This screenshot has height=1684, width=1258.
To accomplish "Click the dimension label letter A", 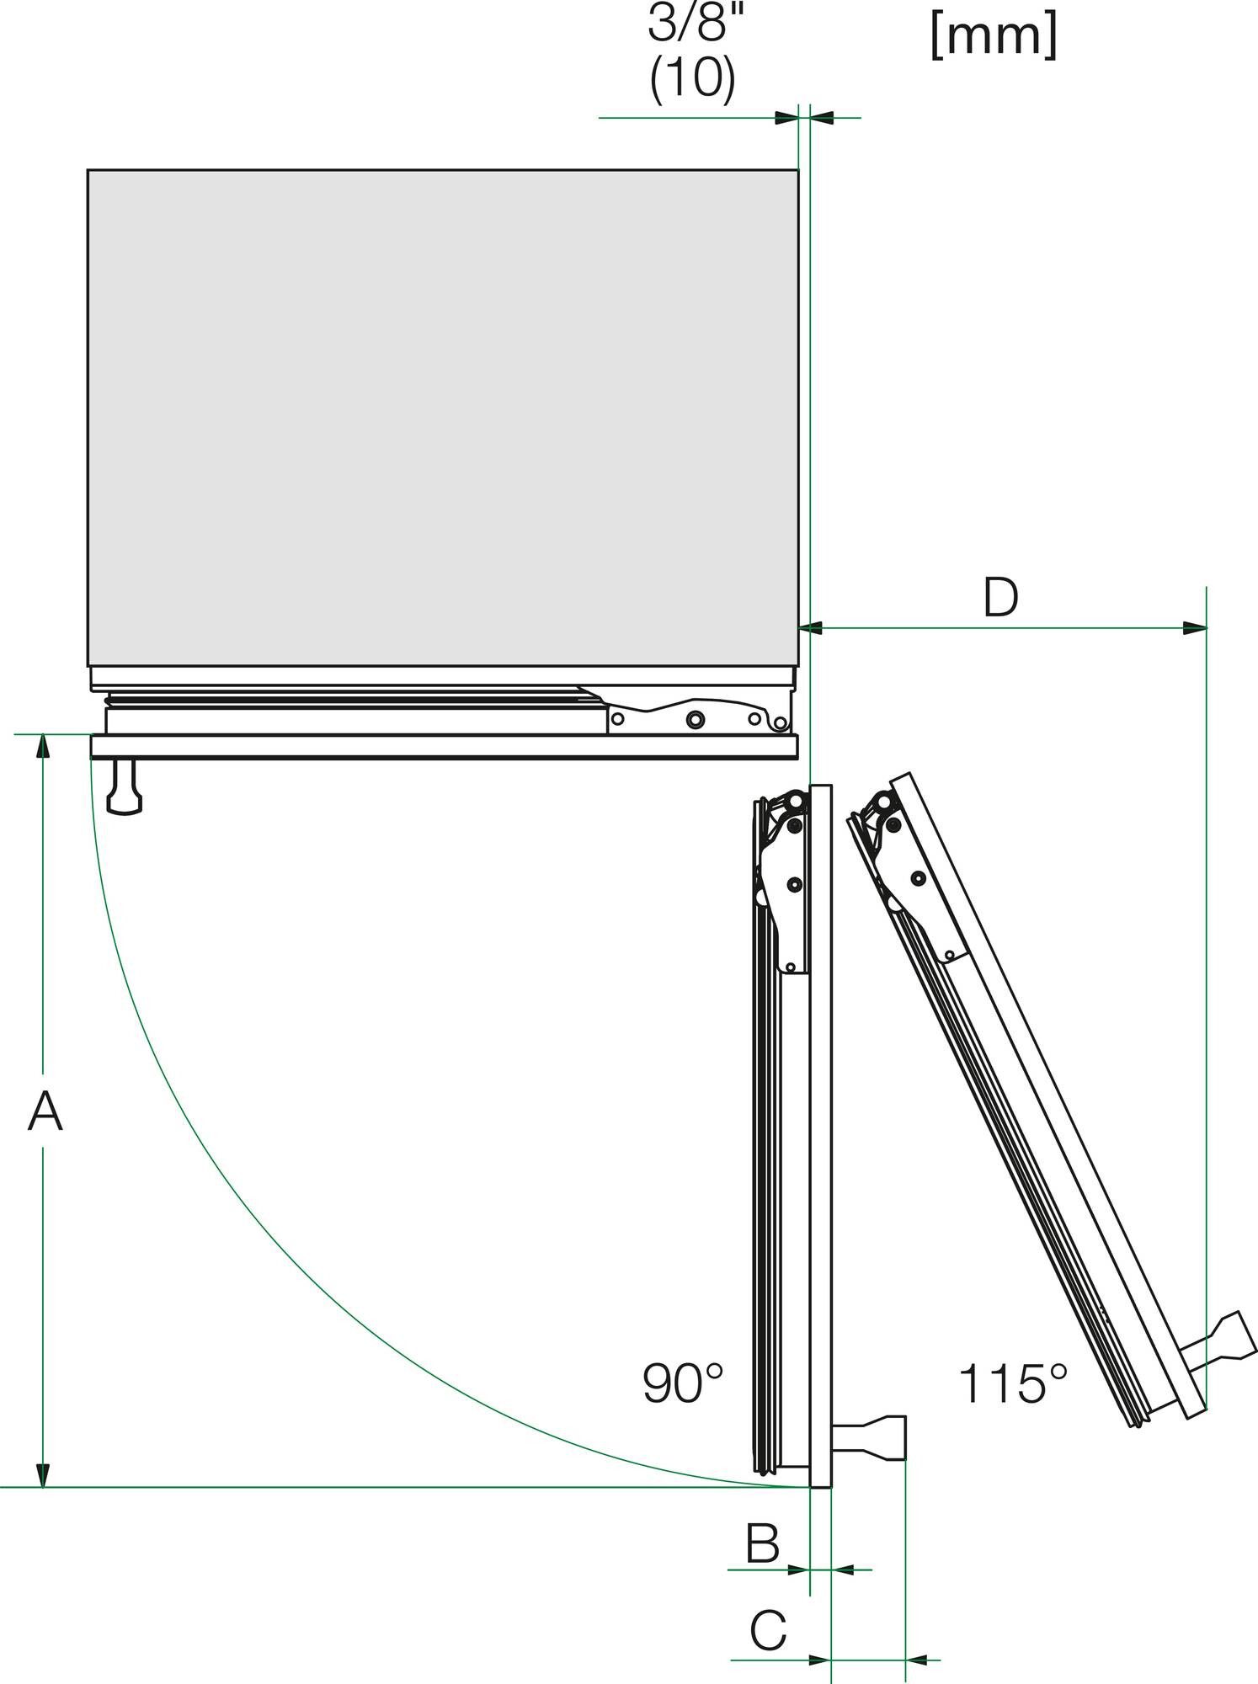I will click(x=45, y=1111).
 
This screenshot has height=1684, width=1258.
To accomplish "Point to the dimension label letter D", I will click(x=1000, y=597).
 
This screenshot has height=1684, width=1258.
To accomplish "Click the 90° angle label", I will click(x=683, y=1383).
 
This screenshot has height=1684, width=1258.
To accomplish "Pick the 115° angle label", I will click(x=1012, y=1383).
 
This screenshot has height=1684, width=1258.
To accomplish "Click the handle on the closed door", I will click(x=125, y=788).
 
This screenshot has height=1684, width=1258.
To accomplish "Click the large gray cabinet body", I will click(x=442, y=417).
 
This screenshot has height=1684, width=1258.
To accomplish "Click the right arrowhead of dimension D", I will click(x=1195, y=627).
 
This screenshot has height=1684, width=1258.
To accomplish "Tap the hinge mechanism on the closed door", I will click(x=699, y=717).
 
